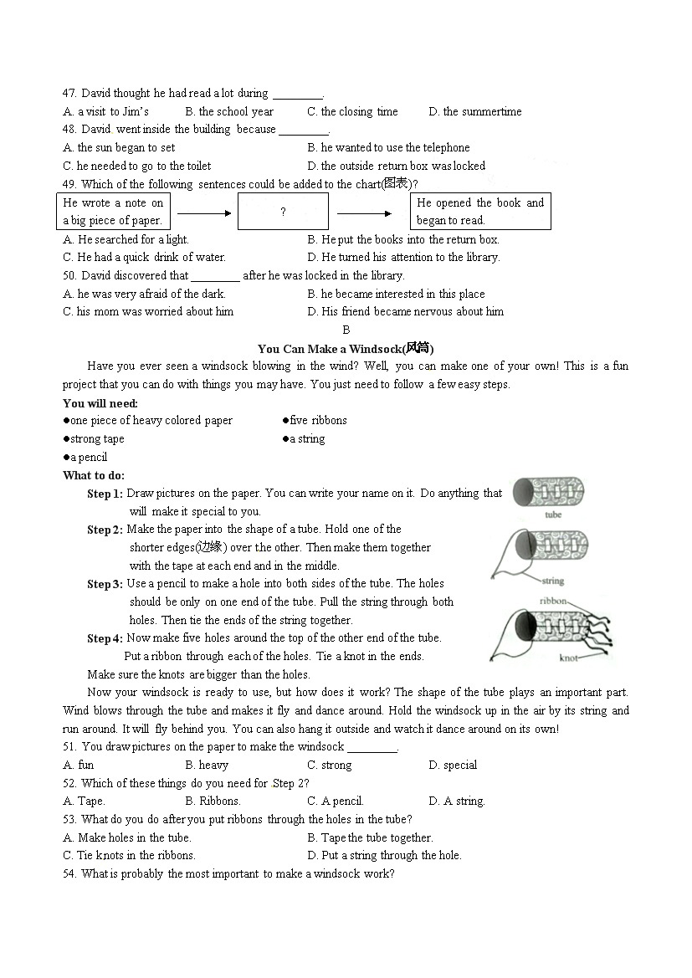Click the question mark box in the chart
pos(283,212)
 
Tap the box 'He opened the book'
pos(479,212)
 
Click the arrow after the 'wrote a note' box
pos(203,213)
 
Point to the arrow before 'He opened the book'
pos(369,213)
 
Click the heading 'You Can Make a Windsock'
pos(346,349)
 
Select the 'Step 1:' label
pos(105,494)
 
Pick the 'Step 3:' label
pos(105,585)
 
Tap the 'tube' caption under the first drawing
pos(553,515)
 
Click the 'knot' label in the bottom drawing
pos(568,658)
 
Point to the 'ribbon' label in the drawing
pos(553,602)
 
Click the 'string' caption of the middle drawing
pos(552,581)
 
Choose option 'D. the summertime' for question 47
pos(474,112)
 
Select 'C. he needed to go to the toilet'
pos(136,166)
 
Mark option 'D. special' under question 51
pos(452,766)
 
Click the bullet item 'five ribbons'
pos(315,421)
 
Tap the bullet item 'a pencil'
pos(85,458)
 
